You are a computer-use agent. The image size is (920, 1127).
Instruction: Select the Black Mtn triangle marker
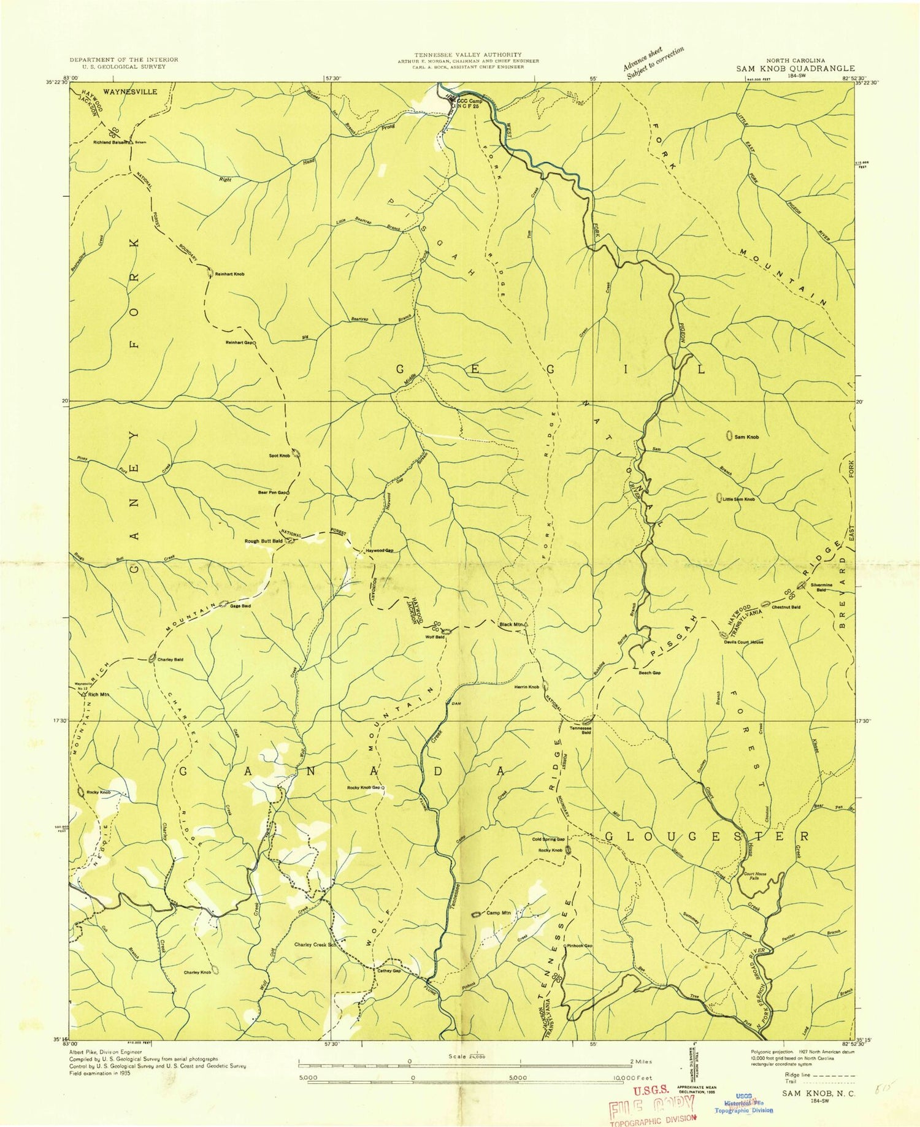tap(526, 625)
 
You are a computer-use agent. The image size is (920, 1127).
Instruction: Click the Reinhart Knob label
tap(230, 274)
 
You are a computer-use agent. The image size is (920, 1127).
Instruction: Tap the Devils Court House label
tap(743, 642)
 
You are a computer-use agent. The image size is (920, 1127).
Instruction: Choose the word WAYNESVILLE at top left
tap(130, 91)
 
